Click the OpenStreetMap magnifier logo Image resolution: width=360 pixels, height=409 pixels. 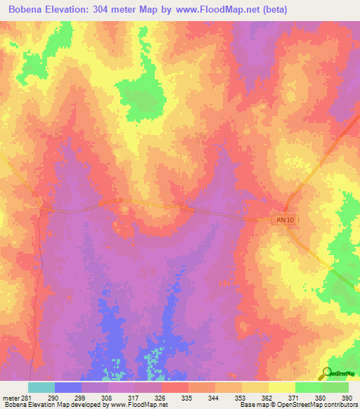coord(326,372)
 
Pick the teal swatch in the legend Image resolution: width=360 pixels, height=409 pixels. coord(41,387)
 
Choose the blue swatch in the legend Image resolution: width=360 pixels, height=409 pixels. coord(68,387)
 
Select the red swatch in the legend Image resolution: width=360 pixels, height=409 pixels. coord(175,387)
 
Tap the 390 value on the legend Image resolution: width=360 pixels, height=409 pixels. coord(345,397)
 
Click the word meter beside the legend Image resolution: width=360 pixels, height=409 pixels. coord(10,397)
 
